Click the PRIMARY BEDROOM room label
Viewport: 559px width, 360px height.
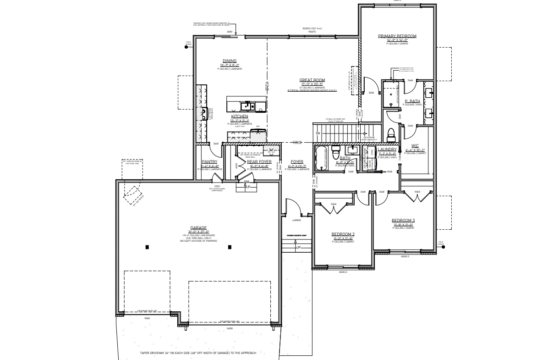(x=397, y=36)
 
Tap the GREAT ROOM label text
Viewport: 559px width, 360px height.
(x=312, y=80)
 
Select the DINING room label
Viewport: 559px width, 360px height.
(x=230, y=61)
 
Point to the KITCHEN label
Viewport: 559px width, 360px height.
(x=240, y=117)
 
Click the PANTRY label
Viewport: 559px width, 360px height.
(x=209, y=161)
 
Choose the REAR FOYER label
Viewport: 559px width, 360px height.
(x=259, y=161)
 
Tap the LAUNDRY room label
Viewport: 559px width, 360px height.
(x=387, y=150)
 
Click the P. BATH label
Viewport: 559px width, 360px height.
(x=412, y=101)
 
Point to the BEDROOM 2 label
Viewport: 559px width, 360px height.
(x=343, y=234)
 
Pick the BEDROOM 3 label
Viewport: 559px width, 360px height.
(x=403, y=221)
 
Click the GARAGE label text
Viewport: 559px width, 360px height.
(x=198, y=228)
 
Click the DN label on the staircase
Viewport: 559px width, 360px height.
(x=318, y=133)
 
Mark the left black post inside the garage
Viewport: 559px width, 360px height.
(x=147, y=248)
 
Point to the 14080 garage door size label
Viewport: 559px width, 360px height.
(x=230, y=328)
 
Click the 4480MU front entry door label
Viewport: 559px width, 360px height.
(x=296, y=220)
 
